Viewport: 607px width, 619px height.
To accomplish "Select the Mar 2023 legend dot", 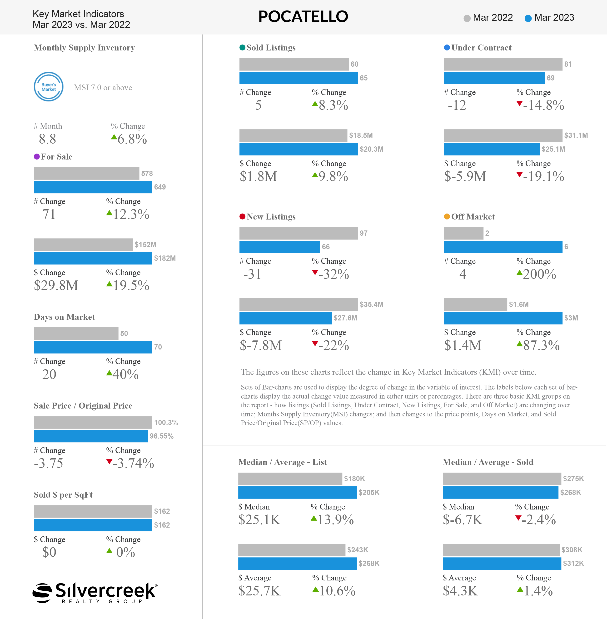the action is point(528,18).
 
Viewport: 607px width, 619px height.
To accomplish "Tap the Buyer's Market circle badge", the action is point(49,87).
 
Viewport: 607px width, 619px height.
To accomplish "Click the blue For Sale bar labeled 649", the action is point(93,187).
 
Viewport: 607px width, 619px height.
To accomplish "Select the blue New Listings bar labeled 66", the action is point(280,247).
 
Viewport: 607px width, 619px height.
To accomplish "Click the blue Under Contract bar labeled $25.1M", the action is point(492,149).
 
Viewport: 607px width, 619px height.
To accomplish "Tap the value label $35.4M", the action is point(371,305).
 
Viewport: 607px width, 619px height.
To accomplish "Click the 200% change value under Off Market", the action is point(539,274).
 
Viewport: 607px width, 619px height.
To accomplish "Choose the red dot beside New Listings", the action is point(242,217).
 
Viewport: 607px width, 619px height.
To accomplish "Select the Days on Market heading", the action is point(65,317).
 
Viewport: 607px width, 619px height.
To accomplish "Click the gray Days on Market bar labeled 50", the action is point(76,334).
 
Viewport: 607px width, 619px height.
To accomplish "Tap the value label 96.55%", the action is point(162,436).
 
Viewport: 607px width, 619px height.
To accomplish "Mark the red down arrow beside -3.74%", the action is point(109,461).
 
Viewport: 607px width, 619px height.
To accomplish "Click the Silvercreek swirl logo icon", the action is point(42,593).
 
